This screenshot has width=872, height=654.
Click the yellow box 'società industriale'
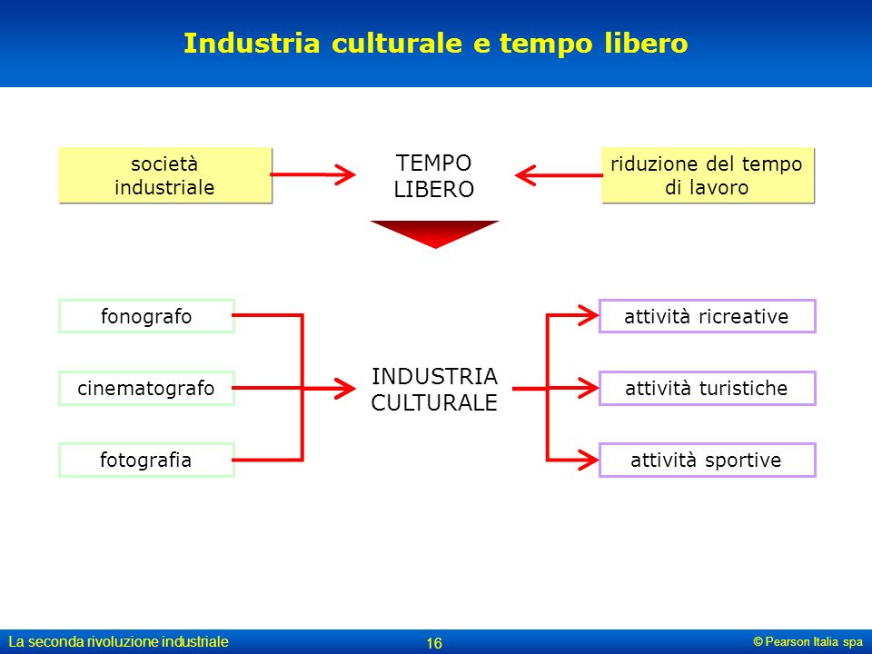pos(165,175)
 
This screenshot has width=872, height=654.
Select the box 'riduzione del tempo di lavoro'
pos(708,175)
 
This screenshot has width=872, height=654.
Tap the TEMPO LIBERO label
pos(434,176)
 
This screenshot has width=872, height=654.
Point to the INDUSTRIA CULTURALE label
pos(434,390)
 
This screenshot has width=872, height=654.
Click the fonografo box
pos(146,316)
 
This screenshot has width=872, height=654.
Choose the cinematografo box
pos(146,388)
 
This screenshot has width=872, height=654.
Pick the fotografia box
pos(146,460)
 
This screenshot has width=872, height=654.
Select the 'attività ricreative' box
pos(707,316)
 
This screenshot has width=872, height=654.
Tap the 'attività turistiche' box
pos(707,388)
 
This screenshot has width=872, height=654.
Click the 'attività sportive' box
pos(707,460)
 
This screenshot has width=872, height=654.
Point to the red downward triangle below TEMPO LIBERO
pos(434,233)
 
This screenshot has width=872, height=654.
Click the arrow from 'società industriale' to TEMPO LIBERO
pos(313,174)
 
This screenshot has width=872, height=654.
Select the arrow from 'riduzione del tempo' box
pos(559,175)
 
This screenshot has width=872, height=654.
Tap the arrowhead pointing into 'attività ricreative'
pos(589,315)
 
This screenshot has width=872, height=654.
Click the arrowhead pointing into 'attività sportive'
pos(589,460)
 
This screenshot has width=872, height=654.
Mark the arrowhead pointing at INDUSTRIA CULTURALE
pos(345,388)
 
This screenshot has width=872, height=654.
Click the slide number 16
pos(434,643)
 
